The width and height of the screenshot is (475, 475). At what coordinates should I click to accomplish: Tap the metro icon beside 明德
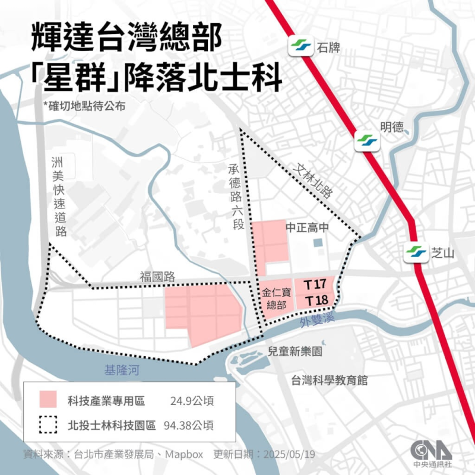click(366, 141)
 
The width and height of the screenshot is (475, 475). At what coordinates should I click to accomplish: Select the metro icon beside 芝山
click(416, 252)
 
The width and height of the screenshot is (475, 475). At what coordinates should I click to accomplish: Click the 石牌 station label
click(328, 47)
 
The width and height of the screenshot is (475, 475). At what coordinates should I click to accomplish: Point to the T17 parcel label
click(315, 285)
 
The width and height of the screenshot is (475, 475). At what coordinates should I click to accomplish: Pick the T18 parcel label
click(315, 301)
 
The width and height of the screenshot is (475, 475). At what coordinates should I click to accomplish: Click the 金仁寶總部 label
click(277, 299)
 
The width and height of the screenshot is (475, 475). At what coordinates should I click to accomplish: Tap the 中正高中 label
click(307, 227)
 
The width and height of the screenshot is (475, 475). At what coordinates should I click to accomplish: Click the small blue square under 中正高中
click(318, 243)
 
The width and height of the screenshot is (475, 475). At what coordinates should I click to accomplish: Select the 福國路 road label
click(156, 276)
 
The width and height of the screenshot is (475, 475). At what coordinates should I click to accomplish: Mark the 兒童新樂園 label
click(295, 351)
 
